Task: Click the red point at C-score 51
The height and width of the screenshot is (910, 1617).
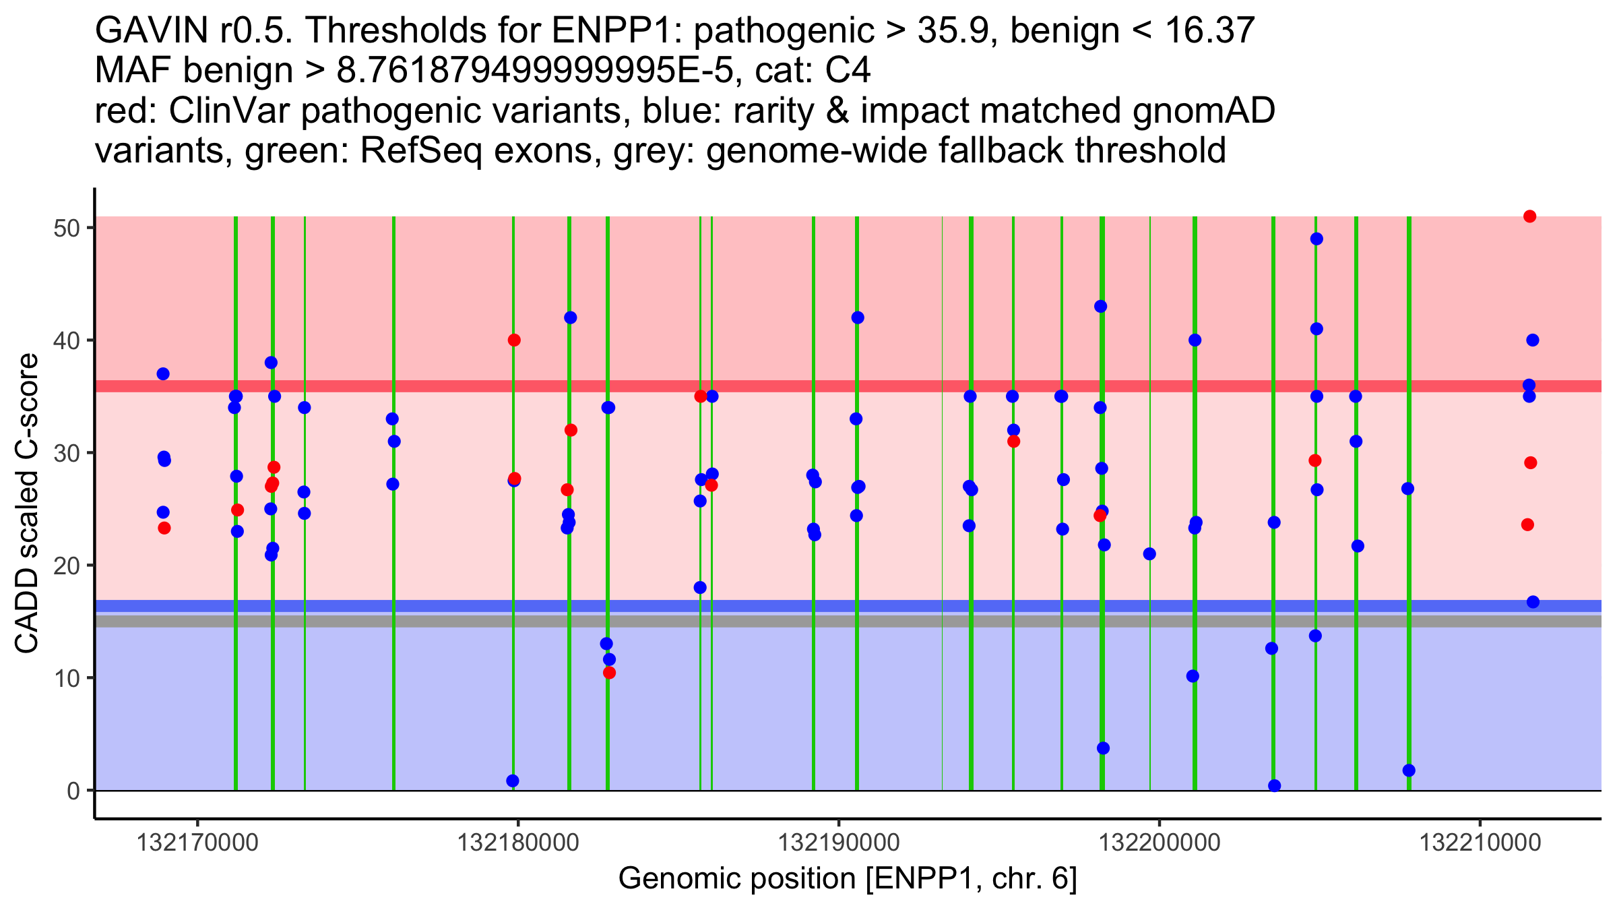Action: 1529,216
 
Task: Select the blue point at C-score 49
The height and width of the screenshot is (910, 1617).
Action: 1317,239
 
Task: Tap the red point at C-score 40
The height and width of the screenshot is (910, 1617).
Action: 514,340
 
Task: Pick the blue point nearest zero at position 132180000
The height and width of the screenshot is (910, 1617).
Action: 513,781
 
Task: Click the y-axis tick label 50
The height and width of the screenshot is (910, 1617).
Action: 66,228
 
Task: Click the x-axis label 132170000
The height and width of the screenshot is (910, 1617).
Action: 197,843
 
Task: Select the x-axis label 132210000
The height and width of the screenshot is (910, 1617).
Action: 1480,843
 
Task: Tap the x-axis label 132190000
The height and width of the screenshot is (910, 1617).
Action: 839,843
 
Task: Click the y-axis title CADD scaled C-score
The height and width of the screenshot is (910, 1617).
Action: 27,504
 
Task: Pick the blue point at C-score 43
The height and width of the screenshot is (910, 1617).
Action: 1100,306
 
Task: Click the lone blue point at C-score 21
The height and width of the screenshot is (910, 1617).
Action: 1149,554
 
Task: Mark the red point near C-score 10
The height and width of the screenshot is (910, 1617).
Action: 609,673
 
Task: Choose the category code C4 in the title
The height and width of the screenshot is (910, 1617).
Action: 848,71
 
